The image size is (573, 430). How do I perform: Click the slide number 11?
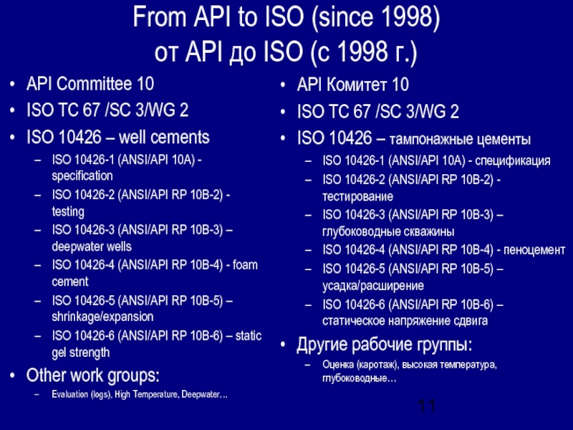(x=427, y=407)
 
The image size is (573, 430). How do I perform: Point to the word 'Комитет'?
(x=361, y=85)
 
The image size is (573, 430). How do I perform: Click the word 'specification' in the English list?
(x=82, y=176)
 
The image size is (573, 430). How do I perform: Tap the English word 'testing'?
(x=68, y=212)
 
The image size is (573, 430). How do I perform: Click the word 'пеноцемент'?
(x=534, y=250)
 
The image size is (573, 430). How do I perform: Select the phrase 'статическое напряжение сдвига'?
(x=405, y=321)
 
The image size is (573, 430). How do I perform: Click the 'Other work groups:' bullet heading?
(x=93, y=376)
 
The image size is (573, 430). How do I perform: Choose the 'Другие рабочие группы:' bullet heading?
(x=385, y=347)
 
